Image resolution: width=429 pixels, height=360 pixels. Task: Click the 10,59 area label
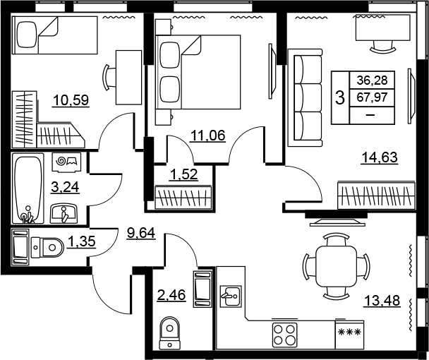click(71, 100)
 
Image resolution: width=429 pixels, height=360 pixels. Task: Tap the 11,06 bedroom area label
click(208, 136)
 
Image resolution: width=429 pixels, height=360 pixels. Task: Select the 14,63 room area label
click(380, 157)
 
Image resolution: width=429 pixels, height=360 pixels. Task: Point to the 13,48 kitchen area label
click(382, 300)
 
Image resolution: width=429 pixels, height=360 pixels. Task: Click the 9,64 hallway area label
click(141, 233)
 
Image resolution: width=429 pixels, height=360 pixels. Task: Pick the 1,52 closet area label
click(183, 174)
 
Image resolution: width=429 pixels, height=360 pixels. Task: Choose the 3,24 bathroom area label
click(65, 187)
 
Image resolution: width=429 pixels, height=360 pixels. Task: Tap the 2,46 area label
click(171, 295)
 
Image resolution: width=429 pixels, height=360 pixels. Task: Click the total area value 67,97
click(372, 97)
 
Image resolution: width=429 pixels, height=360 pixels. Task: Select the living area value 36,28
click(372, 80)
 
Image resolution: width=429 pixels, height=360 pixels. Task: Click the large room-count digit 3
click(340, 97)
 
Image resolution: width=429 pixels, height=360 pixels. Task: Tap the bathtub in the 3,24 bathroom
click(28, 188)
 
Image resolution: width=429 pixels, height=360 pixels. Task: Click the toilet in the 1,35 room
click(47, 248)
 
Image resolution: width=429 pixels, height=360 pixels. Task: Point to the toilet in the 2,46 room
click(170, 332)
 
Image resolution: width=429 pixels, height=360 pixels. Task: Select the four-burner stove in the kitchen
click(284, 335)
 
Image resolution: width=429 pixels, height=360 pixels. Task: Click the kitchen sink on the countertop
click(231, 296)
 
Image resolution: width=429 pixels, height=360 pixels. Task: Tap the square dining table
click(337, 266)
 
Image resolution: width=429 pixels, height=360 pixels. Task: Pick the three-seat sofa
click(305, 97)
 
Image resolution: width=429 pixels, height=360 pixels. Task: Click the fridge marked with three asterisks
click(349, 335)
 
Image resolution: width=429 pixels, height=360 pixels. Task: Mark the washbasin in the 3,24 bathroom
click(64, 213)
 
